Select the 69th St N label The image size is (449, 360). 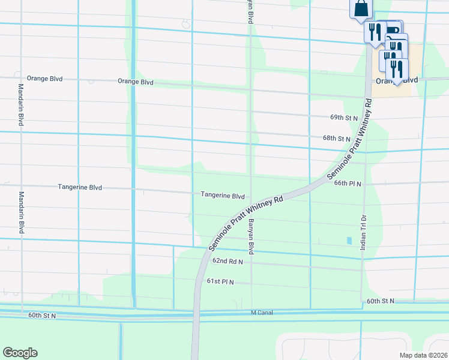pos(344,118)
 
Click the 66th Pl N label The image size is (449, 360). pos(348,184)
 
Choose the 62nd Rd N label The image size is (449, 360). pos(228,261)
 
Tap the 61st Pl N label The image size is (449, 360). pos(220,281)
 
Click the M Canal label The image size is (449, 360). pos(262,313)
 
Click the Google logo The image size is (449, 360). pos(20,353)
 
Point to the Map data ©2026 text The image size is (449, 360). pos(423,355)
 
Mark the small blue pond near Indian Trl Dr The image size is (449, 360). pos(349,241)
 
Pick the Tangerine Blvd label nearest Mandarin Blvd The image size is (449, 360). pos(80,187)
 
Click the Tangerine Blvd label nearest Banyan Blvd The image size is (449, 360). pos(223,196)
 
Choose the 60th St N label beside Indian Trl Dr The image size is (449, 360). pos(380,300)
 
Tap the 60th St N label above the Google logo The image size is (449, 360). pos(42,315)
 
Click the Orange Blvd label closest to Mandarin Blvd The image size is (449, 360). pos(45,79)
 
